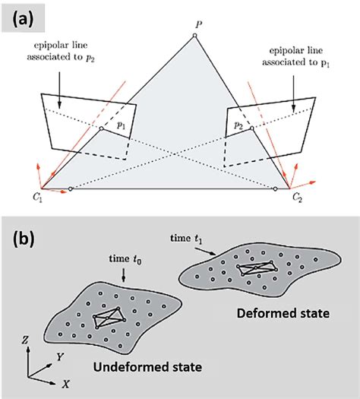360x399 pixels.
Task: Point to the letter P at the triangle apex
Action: click(197, 25)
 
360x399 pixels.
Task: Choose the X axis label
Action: click(67, 385)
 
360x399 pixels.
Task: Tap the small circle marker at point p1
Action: click(102, 129)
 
